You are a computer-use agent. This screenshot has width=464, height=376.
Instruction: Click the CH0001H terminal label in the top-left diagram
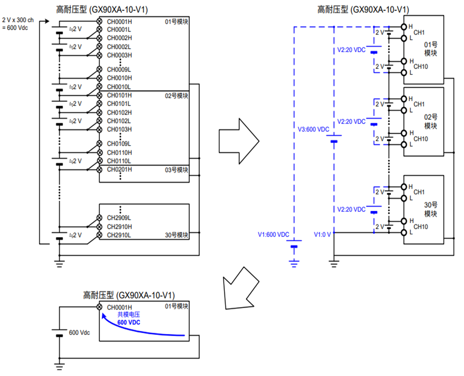[x=119, y=21]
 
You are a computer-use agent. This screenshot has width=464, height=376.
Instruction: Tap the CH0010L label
[x=119, y=87]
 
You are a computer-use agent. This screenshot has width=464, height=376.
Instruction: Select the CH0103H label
[x=119, y=129]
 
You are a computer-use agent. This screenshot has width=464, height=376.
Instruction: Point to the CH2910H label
[x=119, y=227]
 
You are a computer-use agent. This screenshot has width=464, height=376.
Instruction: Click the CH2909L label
[x=119, y=218]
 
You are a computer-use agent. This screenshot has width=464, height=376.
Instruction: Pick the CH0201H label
[x=119, y=169]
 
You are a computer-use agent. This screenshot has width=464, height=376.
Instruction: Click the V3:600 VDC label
[x=313, y=129]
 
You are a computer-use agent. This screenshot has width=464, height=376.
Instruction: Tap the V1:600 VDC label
[x=273, y=234]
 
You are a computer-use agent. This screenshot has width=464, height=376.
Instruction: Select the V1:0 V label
[x=322, y=234]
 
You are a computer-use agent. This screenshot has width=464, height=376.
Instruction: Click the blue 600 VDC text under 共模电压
[x=129, y=323]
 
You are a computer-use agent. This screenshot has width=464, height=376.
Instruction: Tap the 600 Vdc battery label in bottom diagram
[x=79, y=333]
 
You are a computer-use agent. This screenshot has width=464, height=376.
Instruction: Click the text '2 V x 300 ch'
[x=18, y=20]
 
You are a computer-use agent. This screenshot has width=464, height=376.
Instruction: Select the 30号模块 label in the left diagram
[x=177, y=235]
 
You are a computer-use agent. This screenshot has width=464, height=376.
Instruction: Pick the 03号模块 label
[x=177, y=170]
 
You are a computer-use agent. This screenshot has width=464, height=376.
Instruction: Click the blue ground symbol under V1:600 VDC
[x=294, y=263]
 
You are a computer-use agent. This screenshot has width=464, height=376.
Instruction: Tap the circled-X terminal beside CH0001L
[x=99, y=29]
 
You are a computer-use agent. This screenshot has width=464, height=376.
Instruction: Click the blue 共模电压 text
[x=129, y=314]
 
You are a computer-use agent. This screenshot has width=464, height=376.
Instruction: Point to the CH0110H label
[x=119, y=153]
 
